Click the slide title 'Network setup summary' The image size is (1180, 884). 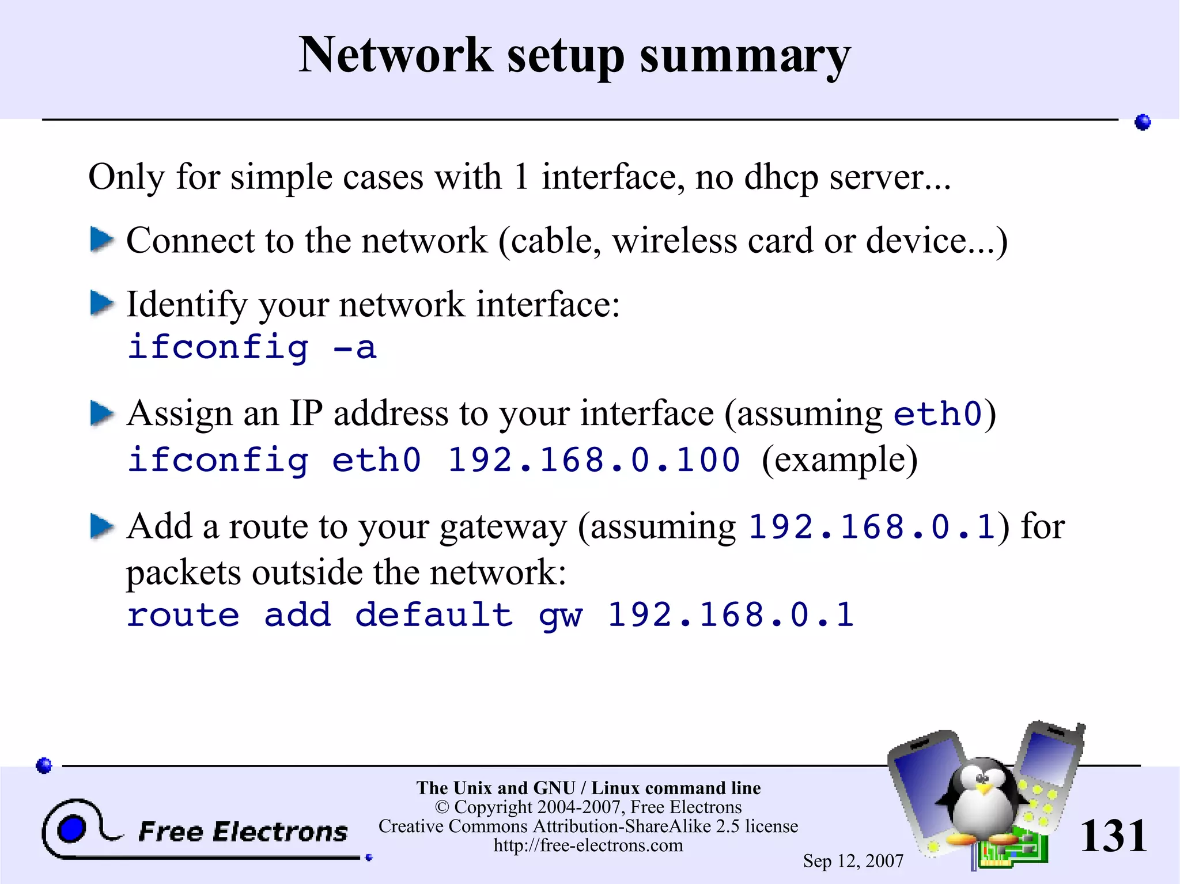pos(574,56)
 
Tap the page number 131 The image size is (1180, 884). pos(1113,836)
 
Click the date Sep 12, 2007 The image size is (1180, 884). pos(853,861)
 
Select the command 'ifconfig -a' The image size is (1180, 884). pos(252,347)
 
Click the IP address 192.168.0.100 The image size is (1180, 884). pos(594,460)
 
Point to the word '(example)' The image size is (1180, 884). pos(839,460)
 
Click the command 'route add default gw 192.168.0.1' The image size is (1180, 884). pos(490,615)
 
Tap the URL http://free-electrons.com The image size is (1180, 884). pos(588,845)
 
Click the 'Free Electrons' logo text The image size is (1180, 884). pos(243,832)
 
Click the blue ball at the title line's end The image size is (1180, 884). pos(1143,122)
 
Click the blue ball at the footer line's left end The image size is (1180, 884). pos(44,765)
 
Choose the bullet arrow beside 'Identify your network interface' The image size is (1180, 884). pos(102,303)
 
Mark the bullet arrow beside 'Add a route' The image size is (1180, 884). pos(102,526)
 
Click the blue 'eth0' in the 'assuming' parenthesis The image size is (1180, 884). pos(937,414)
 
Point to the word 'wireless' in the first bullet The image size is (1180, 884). pos(675,240)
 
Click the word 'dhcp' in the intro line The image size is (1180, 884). pos(781,177)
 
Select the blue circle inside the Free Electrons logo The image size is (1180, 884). pos(71,829)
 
